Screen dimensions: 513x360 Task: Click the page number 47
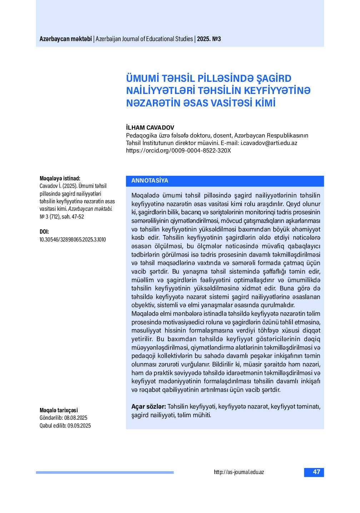(x=316, y=472)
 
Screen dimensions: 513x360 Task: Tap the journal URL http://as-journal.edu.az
(x=239, y=472)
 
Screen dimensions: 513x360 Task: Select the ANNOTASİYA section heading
(x=150, y=180)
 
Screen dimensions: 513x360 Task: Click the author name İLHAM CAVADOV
(x=150, y=128)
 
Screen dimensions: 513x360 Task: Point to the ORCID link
(x=179, y=150)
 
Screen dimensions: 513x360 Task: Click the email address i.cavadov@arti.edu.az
(x=269, y=143)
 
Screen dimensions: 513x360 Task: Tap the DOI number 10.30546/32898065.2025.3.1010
(x=72, y=239)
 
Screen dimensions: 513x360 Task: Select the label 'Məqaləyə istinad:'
(x=60, y=178)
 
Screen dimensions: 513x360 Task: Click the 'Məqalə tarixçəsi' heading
(x=59, y=410)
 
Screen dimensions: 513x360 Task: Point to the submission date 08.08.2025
(x=76, y=418)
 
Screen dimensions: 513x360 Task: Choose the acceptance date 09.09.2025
(x=79, y=425)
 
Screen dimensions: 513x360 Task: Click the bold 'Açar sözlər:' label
(x=149, y=407)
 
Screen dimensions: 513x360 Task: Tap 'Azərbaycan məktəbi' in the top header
(x=66, y=39)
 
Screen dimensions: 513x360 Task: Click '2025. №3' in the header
(x=209, y=39)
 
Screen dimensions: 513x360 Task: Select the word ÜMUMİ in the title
(x=142, y=78)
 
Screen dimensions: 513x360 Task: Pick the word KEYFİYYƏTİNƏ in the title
(x=277, y=90)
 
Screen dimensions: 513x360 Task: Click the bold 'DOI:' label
(x=44, y=231)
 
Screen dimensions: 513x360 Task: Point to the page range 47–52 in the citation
(x=78, y=216)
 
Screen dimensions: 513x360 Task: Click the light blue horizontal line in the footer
(x=105, y=472)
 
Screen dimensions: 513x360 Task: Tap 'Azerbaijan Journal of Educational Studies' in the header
(x=144, y=39)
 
